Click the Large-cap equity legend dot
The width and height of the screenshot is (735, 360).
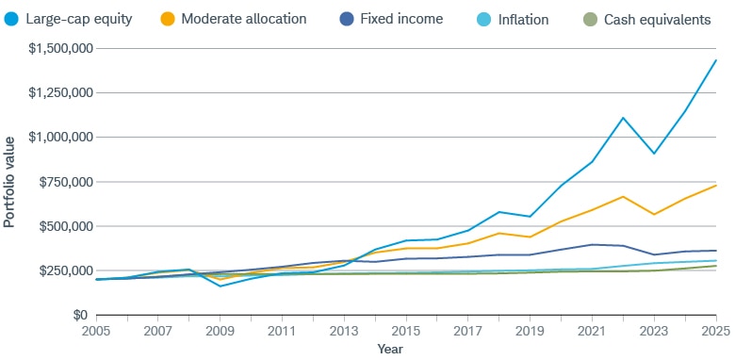tap(12, 19)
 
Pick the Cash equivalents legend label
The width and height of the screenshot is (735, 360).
tap(657, 19)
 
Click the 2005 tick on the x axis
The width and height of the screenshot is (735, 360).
tap(95, 333)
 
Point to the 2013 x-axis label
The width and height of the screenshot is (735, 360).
tap(344, 333)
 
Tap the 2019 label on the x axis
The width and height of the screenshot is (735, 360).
tap(531, 333)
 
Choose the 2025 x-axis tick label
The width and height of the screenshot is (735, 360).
tap(715, 333)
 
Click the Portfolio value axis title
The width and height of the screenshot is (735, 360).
tap(9, 182)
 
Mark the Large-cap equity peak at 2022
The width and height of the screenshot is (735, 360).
tap(624, 118)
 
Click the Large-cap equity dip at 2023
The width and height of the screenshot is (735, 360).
tap(655, 154)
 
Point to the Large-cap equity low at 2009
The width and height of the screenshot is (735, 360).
tap(220, 286)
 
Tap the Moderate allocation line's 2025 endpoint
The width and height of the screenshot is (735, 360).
tap(716, 185)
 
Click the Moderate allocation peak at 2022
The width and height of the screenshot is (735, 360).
tap(624, 196)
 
